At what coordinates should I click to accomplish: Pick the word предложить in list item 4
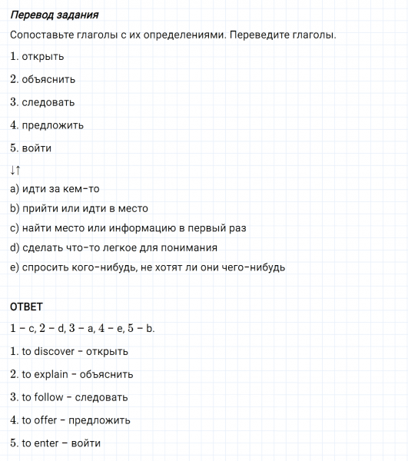pos(53,125)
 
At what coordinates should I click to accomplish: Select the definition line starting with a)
pos(55,189)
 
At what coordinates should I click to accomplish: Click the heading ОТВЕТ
pos(26,307)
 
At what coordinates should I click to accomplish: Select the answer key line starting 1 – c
pos(83,328)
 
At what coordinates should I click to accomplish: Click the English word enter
pos(45,443)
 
